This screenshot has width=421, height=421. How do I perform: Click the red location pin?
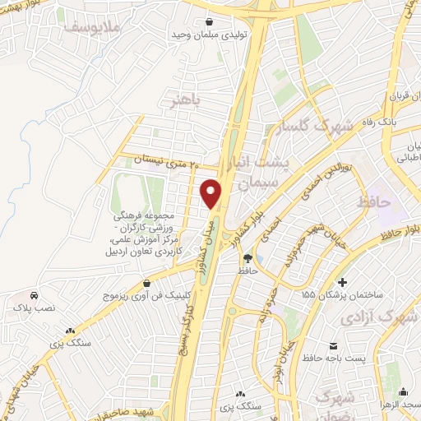(211, 194)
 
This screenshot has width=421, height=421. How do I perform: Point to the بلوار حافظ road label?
(383, 234)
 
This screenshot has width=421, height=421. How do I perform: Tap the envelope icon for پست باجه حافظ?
(333, 346)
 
